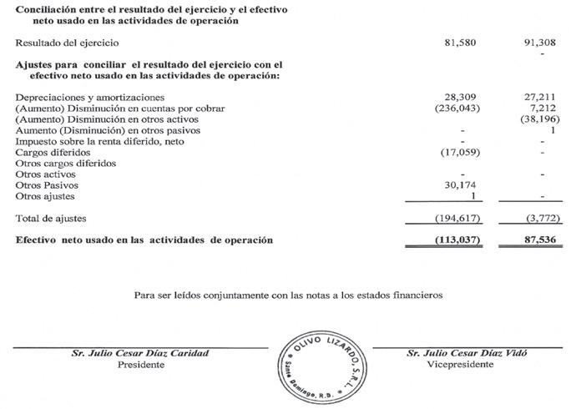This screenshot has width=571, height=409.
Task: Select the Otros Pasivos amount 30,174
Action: click(461, 185)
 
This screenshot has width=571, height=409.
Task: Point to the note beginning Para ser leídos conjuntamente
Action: click(285, 295)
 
